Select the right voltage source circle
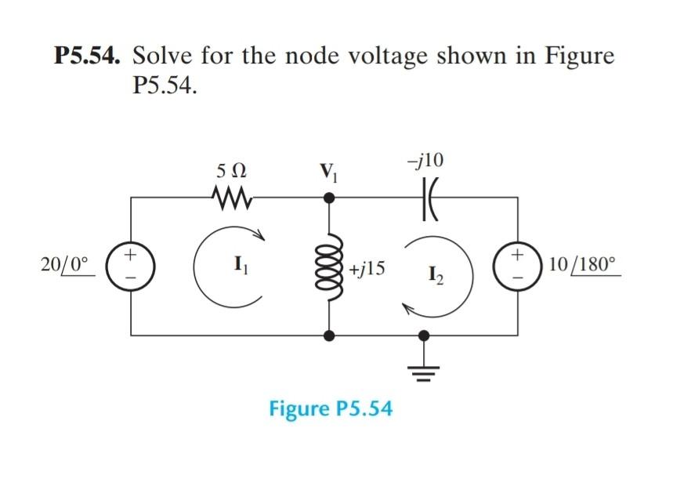(x=519, y=266)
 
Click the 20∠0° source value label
(x=68, y=265)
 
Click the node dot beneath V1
(x=330, y=198)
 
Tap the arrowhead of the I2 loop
(x=408, y=310)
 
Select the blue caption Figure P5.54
(x=331, y=408)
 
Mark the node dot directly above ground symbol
(x=424, y=335)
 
